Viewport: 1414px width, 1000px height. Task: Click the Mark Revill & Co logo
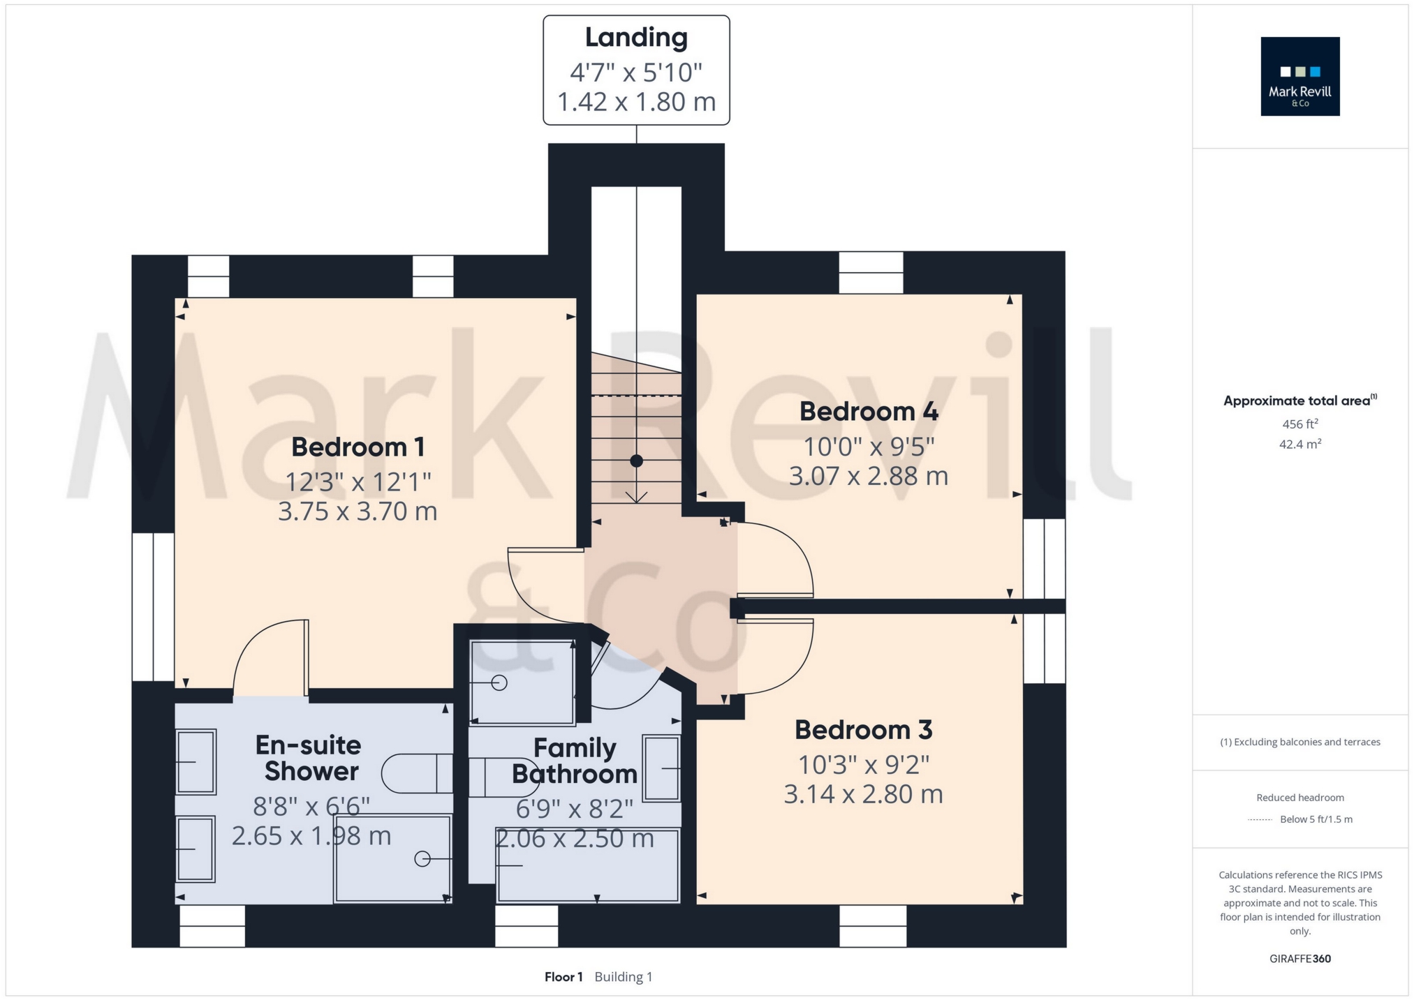click(x=1299, y=76)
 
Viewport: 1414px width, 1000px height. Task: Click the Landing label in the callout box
click(x=635, y=38)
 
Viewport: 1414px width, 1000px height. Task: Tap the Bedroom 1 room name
click(x=358, y=447)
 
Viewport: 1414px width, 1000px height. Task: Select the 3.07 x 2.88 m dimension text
click(x=868, y=476)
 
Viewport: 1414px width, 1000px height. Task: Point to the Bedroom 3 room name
click(x=863, y=730)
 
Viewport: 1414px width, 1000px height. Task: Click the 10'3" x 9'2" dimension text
click(x=863, y=765)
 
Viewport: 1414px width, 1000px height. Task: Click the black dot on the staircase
click(x=636, y=461)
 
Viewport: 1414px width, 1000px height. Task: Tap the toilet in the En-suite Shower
click(x=417, y=773)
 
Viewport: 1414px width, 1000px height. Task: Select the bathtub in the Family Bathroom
click(x=587, y=865)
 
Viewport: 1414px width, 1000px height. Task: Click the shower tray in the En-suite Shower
click(x=393, y=859)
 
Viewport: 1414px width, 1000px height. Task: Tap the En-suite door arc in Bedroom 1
click(x=269, y=656)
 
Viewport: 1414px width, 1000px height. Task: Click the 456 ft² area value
click(x=1299, y=424)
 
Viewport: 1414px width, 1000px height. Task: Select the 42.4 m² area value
click(x=1299, y=444)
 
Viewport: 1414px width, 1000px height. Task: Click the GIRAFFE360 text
click(x=1299, y=959)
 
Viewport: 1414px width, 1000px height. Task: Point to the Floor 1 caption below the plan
click(x=564, y=977)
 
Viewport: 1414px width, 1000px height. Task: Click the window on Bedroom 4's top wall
click(x=871, y=272)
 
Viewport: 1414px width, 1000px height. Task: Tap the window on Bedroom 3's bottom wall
click(x=873, y=926)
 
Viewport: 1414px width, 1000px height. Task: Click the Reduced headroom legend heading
click(x=1299, y=798)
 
